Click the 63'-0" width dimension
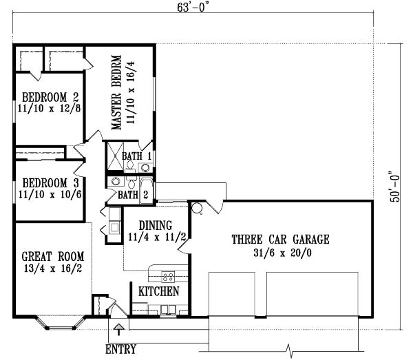pos(193,8)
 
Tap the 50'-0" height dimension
pos(394,187)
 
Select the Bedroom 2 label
pos(50,97)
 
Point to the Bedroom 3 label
pos(50,183)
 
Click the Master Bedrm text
pos(116,92)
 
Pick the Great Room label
pos(53,257)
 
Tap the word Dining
pos(156,226)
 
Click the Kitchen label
pos(159,292)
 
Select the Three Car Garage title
pos(281,240)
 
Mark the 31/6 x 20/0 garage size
pos(282,253)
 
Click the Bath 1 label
pos(137,156)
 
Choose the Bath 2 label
pos(133,195)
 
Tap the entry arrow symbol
pos(119,329)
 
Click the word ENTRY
pos(121,349)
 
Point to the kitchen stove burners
pos(168,276)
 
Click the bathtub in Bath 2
pos(146,191)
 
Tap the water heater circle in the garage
pos(196,208)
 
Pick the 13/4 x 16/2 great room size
pos(53,268)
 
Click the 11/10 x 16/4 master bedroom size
pos(131,92)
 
